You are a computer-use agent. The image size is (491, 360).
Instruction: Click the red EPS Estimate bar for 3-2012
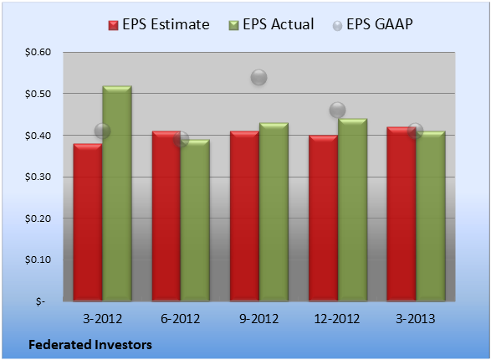coord(88,222)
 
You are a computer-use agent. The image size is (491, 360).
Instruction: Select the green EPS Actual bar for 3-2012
coord(117,193)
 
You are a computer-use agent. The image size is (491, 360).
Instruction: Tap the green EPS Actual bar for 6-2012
coord(196,220)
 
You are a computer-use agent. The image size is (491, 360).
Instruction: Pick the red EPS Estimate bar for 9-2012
coord(244,216)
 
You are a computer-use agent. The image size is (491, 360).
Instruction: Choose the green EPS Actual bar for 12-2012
coord(353,210)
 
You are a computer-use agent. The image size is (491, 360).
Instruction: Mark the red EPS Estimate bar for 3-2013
coord(401,214)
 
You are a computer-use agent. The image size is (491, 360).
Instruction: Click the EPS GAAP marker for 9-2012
coord(259,77)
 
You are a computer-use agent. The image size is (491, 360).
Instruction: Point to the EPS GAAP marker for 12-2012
coord(338,110)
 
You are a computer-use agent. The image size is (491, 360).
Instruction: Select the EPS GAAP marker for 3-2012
coord(102,131)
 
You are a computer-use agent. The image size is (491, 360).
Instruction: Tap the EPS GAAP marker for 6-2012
coord(181,140)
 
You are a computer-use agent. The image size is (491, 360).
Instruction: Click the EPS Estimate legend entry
coord(159,24)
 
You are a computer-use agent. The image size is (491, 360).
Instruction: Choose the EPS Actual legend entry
coord(272,24)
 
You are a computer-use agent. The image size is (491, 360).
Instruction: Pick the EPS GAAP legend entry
coord(372,24)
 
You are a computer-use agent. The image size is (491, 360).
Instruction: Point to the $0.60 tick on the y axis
coord(38,52)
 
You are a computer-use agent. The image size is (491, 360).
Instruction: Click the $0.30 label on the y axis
coord(38,177)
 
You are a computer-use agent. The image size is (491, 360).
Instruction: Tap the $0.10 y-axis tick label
coord(38,260)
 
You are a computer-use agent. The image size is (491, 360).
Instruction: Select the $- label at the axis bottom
coord(40,301)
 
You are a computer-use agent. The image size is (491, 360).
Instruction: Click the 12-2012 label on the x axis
coord(337,319)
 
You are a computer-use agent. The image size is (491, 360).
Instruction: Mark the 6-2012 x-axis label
coord(181,319)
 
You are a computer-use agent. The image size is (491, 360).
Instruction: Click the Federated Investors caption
coord(90,345)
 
